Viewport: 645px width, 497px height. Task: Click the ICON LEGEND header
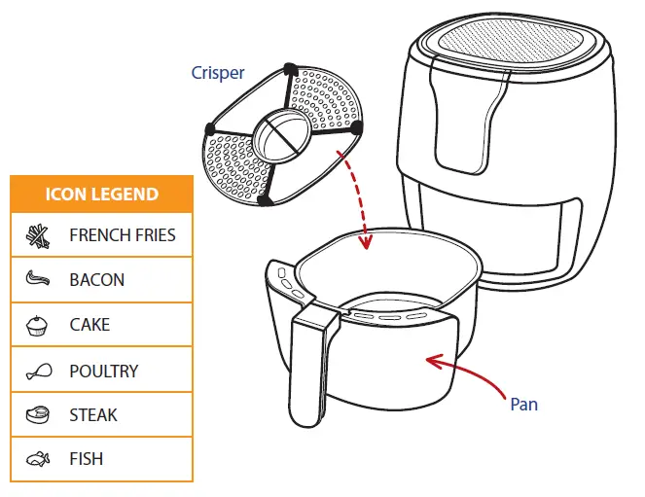tap(101, 194)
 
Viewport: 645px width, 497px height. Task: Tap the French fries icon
tap(37, 234)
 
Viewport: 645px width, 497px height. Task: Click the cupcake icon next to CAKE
tap(37, 324)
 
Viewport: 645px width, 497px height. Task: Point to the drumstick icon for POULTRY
tap(37, 370)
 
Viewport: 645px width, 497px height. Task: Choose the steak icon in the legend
tap(37, 414)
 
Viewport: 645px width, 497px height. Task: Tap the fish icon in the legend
tap(37, 459)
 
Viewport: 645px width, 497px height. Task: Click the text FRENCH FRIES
tap(123, 234)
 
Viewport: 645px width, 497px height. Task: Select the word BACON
tap(97, 279)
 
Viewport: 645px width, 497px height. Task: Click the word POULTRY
tap(104, 370)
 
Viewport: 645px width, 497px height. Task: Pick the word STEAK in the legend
tap(93, 414)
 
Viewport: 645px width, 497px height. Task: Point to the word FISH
tap(86, 459)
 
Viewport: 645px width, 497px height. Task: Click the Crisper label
tap(218, 74)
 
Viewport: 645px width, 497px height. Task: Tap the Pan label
tap(523, 404)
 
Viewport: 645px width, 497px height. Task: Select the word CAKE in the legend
tap(90, 324)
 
